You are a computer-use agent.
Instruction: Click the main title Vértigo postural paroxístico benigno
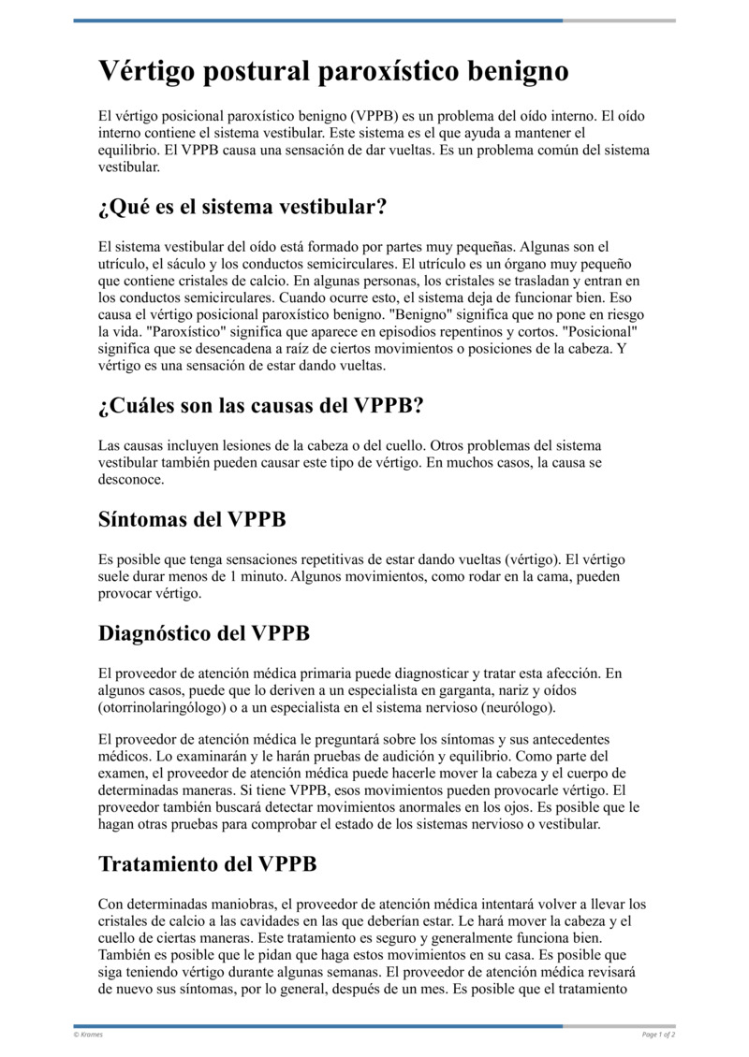pyautogui.click(x=333, y=72)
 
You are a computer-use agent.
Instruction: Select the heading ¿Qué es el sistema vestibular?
pyautogui.click(x=242, y=206)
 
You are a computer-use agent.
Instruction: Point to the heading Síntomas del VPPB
pyautogui.click(x=192, y=519)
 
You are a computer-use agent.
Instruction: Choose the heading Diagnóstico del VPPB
pyautogui.click(x=203, y=633)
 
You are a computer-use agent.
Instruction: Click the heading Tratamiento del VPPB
pyautogui.click(x=207, y=863)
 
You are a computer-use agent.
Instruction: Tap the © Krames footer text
pyautogui.click(x=89, y=1035)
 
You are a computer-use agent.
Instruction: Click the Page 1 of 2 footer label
pyautogui.click(x=658, y=1035)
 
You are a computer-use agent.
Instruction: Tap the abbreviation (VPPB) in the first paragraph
pyautogui.click(x=377, y=117)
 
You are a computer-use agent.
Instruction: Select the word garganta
pyautogui.click(x=474, y=690)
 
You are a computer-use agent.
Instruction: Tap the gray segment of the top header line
pyautogui.click(x=619, y=21)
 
